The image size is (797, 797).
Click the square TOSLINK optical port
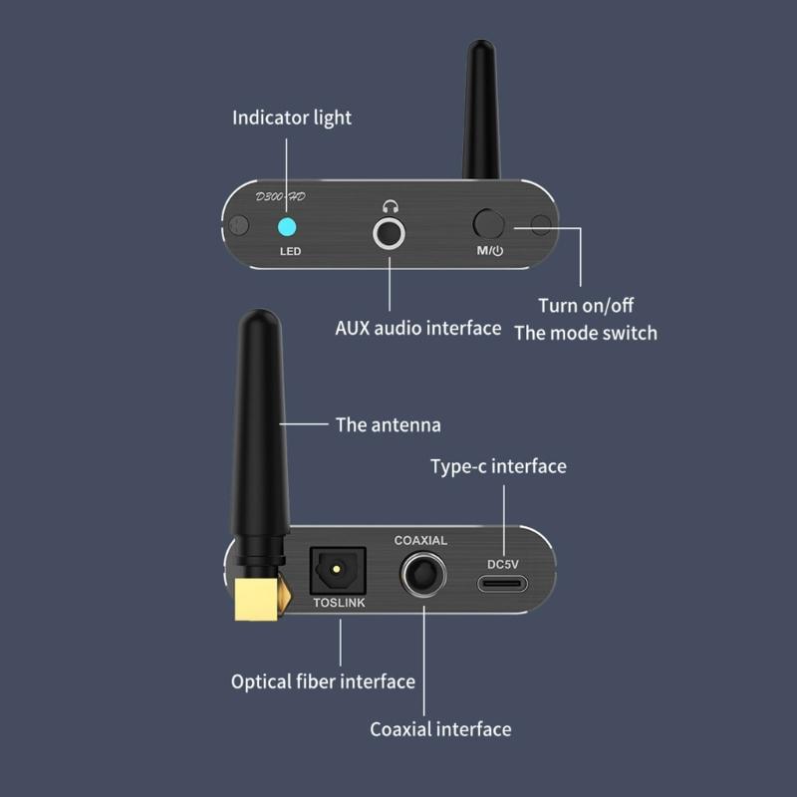pyautogui.click(x=339, y=572)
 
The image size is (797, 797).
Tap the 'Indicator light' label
pyautogui.click(x=292, y=118)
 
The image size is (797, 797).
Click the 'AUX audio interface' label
pyautogui.click(x=417, y=328)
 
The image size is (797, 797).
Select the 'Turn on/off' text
pyautogui.click(x=586, y=305)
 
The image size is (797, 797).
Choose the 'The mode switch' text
pyautogui.click(x=586, y=333)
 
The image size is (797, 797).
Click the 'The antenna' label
pyautogui.click(x=388, y=424)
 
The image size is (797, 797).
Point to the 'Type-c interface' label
pyautogui.click(x=498, y=466)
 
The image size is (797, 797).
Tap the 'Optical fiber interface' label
pyautogui.click(x=323, y=682)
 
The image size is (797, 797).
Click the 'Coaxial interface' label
pyautogui.click(x=440, y=729)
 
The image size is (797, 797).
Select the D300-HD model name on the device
pyautogui.click(x=280, y=196)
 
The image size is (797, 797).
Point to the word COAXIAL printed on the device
pyautogui.click(x=420, y=541)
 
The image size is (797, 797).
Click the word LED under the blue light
pyautogui.click(x=290, y=251)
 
